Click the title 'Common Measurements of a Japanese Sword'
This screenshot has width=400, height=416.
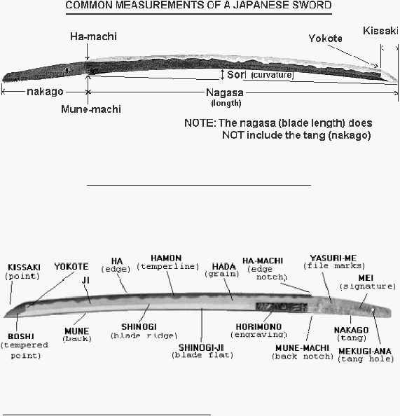(x=198, y=5)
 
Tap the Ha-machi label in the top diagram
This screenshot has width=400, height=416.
(x=93, y=36)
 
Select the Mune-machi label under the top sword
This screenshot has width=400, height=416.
(x=91, y=109)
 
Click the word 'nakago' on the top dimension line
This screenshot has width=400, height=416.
(x=45, y=92)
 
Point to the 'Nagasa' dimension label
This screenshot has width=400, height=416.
(x=225, y=92)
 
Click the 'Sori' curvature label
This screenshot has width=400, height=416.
(x=235, y=75)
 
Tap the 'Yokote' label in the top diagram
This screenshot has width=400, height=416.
(x=326, y=39)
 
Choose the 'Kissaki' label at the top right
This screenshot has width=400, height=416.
(x=380, y=31)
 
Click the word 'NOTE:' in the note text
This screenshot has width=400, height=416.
(x=200, y=123)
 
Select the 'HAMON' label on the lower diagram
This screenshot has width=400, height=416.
(x=166, y=258)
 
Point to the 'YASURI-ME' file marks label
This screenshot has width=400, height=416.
(x=333, y=258)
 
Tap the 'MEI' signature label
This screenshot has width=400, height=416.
(x=366, y=278)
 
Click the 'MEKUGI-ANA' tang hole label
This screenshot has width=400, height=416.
(x=365, y=352)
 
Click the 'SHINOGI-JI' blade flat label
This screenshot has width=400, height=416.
(x=201, y=347)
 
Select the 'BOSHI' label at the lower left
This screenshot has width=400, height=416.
(x=21, y=336)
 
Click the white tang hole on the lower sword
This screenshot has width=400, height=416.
(x=373, y=310)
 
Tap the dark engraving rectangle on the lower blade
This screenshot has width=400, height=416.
(x=282, y=307)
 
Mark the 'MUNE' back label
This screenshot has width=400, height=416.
(x=77, y=331)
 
